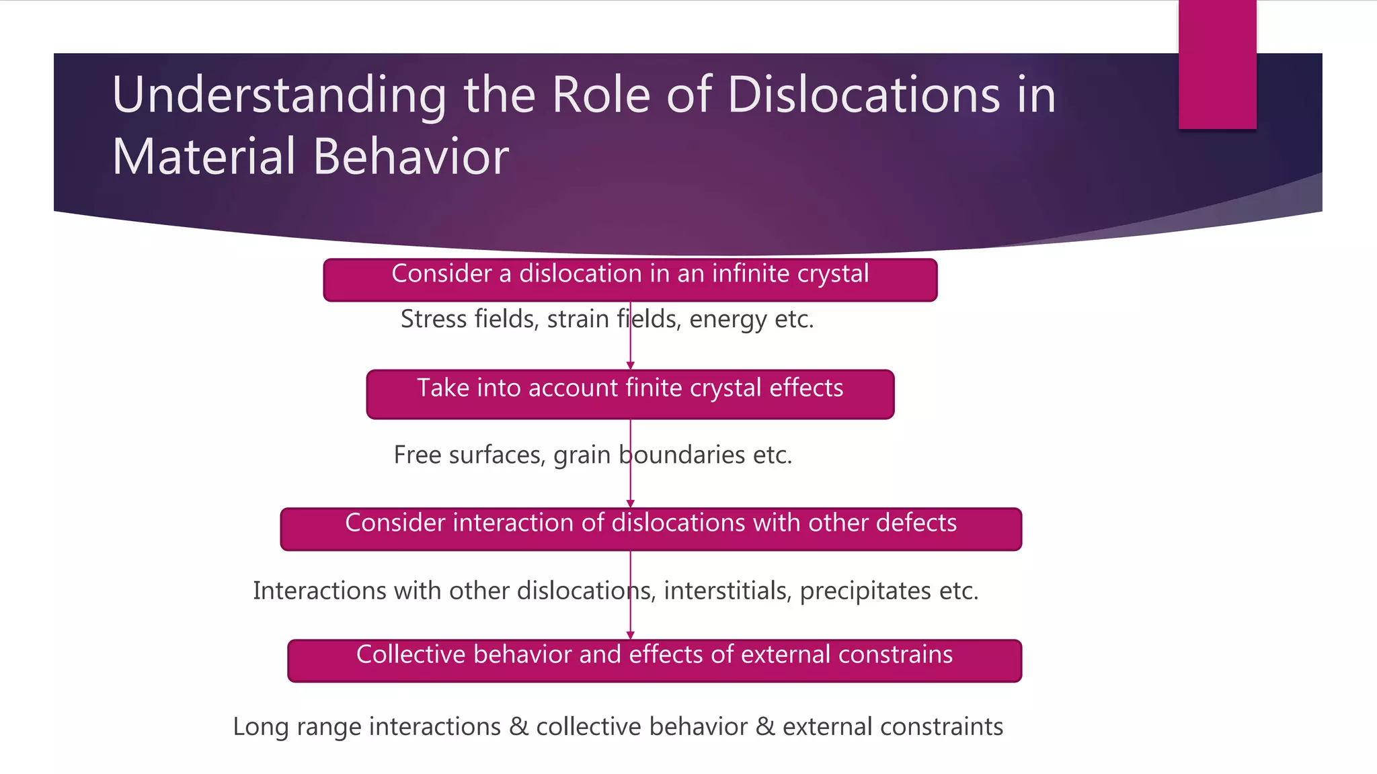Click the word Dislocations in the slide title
pyautogui.click(x=864, y=95)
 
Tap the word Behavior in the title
pyautogui.click(x=411, y=157)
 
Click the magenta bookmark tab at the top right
pyautogui.click(x=1217, y=64)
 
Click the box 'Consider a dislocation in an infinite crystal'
pyautogui.click(x=630, y=280)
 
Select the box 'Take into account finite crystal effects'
pyautogui.click(x=630, y=394)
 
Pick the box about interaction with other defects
pyautogui.click(x=651, y=529)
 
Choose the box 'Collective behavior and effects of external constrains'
pyautogui.click(x=654, y=661)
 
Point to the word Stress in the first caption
pyautogui.click(x=434, y=319)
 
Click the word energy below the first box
pyautogui.click(x=727, y=320)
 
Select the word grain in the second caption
pyautogui.click(x=582, y=456)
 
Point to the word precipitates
pyautogui.click(x=865, y=591)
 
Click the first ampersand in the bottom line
pyautogui.click(x=518, y=727)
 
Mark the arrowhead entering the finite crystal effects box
pyautogui.click(x=630, y=365)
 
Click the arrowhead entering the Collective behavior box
pyautogui.click(x=630, y=635)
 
